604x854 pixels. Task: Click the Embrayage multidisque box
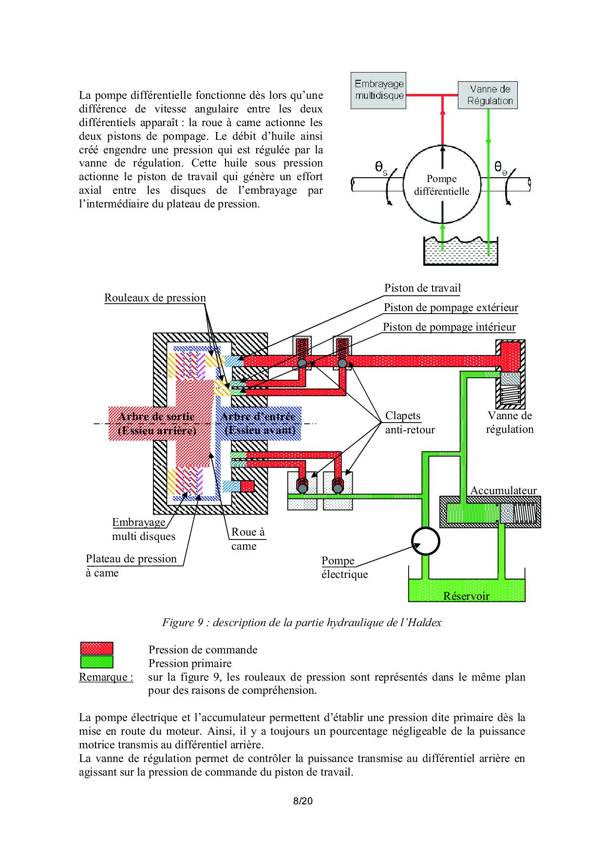pos(378,91)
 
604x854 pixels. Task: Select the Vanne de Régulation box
pos(488,95)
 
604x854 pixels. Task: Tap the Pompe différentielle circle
pos(442,185)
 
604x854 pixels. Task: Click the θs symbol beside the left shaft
pos(381,168)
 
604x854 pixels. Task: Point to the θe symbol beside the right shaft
pos(500,168)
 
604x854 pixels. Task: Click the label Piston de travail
pos(422,288)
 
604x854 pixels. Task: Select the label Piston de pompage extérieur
pos(451,308)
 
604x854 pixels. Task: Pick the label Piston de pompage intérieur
pos(449,327)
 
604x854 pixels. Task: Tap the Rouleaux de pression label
pos(155,298)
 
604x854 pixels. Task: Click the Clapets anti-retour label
pos(409,422)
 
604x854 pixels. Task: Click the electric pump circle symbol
pos(425,541)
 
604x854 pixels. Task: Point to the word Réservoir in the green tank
pos(466,596)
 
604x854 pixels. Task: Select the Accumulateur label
pos(503,490)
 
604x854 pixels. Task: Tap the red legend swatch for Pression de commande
pos(96,649)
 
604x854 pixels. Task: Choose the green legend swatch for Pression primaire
pos(96,662)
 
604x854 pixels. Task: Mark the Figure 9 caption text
pos(302,623)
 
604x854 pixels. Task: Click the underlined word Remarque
pos(106,677)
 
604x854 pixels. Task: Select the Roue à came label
pos(247,538)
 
